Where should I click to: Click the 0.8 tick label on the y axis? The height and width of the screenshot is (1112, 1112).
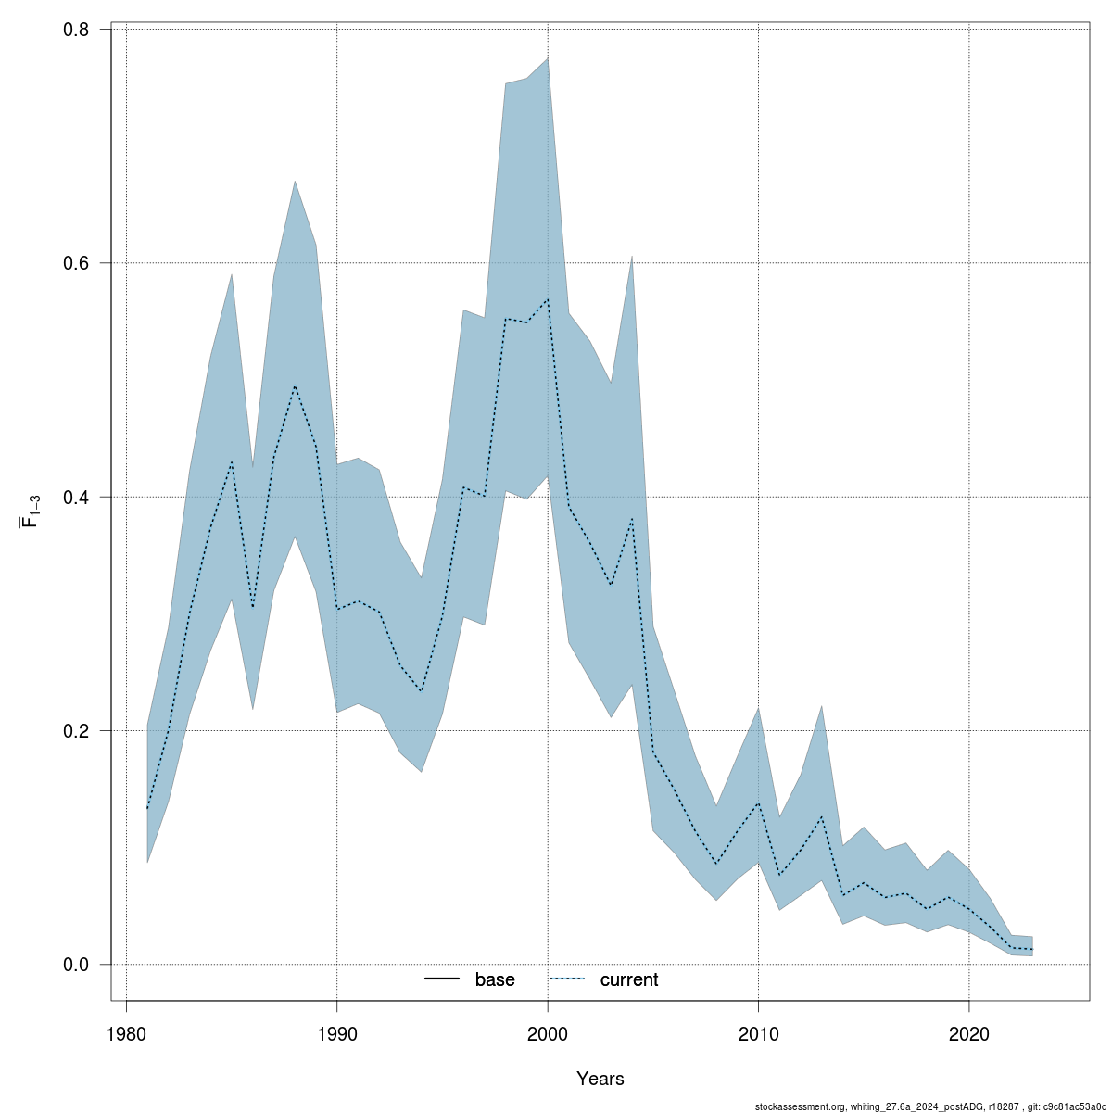click(x=76, y=30)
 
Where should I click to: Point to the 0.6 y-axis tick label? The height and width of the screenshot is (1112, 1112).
click(x=76, y=263)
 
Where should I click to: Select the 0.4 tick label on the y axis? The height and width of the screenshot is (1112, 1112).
click(x=76, y=497)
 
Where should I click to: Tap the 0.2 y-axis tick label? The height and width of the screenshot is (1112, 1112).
click(x=76, y=730)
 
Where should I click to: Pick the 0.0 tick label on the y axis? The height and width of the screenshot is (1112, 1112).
click(x=76, y=965)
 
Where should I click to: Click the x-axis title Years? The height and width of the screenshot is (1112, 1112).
click(x=600, y=1079)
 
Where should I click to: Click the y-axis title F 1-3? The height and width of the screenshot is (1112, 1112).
click(x=31, y=511)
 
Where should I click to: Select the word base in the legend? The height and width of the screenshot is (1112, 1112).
click(x=495, y=980)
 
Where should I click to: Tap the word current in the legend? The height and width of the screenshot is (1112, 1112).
click(x=629, y=980)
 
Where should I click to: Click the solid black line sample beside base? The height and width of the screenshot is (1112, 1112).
click(x=443, y=980)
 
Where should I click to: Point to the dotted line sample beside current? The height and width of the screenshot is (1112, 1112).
click(x=568, y=980)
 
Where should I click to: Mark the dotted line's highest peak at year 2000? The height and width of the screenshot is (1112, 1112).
click(x=548, y=299)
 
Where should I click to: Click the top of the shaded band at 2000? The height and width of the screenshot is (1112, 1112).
click(x=548, y=58)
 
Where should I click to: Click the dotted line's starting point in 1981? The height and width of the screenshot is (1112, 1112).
click(x=147, y=809)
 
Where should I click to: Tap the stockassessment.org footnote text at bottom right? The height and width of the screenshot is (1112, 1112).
click(x=931, y=1106)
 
